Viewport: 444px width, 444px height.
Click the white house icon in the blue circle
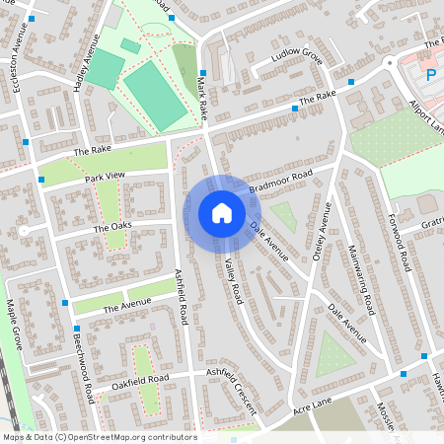(x=222, y=213)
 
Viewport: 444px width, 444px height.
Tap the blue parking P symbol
(x=431, y=73)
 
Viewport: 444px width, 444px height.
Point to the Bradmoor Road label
(x=280, y=180)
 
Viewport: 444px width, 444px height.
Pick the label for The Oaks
(x=111, y=227)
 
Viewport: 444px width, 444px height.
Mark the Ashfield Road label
(x=182, y=297)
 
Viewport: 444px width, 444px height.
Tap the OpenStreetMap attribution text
(x=99, y=437)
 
